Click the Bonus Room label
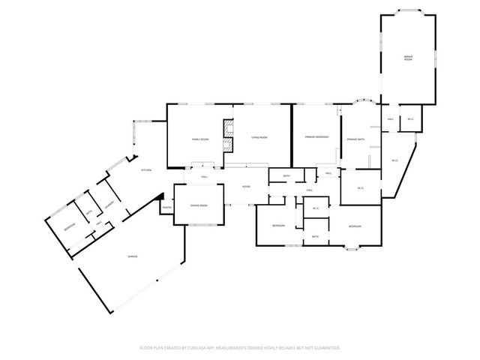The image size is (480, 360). point(408,58)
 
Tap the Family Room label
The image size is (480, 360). point(199,139)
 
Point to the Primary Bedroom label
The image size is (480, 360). point(316,138)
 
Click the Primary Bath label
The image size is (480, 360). point(355,139)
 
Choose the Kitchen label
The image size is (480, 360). point(147,170)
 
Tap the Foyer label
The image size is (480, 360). point(245,186)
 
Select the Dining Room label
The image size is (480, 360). point(199,205)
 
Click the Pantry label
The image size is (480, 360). point(167,208)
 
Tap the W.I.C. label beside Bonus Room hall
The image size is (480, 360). point(410,119)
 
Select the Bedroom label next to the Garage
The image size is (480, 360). point(68,226)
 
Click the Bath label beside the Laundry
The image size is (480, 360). point(88,212)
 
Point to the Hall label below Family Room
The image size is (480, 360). point(204,177)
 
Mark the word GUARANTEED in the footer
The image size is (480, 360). point(327,348)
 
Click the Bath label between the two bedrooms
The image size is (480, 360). point(315,236)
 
